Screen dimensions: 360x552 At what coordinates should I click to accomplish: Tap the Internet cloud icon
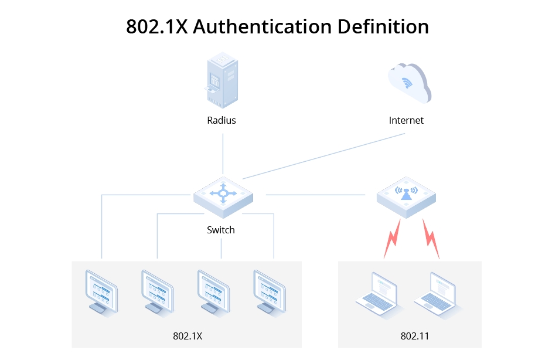(408, 83)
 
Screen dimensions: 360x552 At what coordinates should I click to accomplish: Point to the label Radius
(222, 120)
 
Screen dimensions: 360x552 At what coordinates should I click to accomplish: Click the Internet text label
(406, 120)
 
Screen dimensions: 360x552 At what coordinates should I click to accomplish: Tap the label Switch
(221, 230)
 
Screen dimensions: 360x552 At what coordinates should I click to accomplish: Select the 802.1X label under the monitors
(188, 336)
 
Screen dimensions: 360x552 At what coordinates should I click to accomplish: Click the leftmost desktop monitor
(101, 291)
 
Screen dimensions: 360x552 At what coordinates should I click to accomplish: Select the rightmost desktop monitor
(269, 291)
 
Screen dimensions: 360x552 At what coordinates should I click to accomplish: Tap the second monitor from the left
(157, 291)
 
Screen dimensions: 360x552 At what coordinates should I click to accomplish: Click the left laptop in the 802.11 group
(378, 293)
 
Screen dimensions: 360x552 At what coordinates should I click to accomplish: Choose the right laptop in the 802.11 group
(437, 293)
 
